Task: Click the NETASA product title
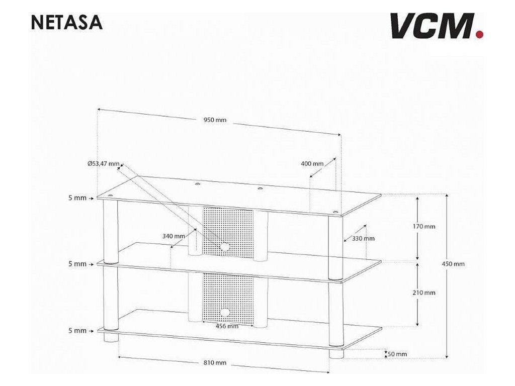tap(67, 23)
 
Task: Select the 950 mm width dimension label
tap(215, 120)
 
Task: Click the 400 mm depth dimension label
tap(312, 164)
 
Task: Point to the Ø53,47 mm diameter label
tap(103, 164)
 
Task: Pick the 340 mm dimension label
tap(173, 236)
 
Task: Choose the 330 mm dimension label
tap(364, 239)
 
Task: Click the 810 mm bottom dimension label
tap(215, 363)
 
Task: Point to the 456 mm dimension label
tap(227, 326)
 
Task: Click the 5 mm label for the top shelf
tap(77, 198)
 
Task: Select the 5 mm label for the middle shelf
tap(77, 264)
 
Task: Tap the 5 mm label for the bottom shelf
tap(77, 331)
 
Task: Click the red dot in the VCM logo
tap(479, 34)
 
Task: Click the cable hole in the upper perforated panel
tap(224, 246)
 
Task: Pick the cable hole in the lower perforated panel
tap(224, 313)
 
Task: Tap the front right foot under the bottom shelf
tap(334, 353)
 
